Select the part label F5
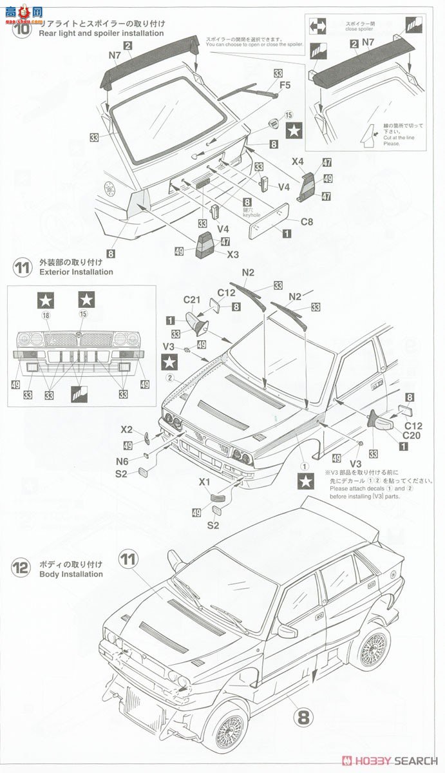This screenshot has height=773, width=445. (285, 84)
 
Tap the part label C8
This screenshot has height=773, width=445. (307, 222)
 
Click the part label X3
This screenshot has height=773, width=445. (233, 254)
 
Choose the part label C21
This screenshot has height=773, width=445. (193, 300)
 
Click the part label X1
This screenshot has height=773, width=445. (205, 481)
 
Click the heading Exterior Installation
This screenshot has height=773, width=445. (76, 272)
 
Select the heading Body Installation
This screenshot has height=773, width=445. (71, 574)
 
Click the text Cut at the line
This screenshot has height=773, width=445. (383, 138)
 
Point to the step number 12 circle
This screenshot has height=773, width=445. (21, 568)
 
